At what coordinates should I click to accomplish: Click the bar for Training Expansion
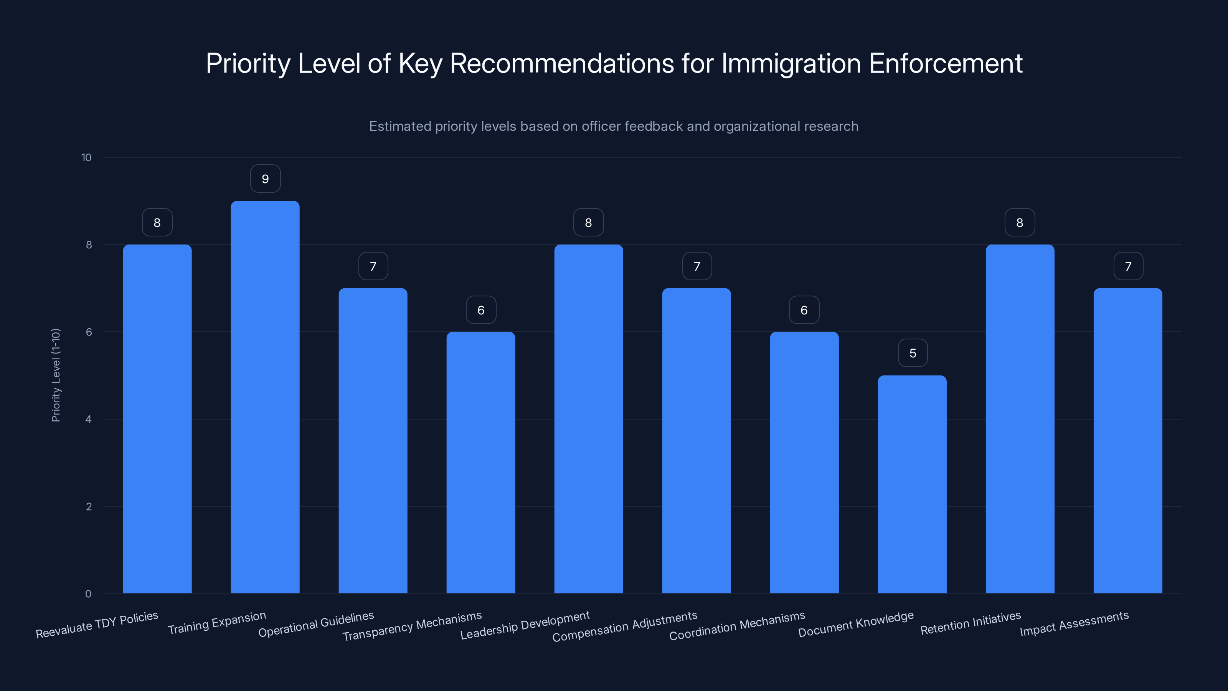click(265, 397)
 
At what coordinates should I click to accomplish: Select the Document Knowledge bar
click(912, 484)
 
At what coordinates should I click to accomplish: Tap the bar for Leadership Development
click(588, 419)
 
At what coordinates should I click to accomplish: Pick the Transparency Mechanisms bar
click(480, 462)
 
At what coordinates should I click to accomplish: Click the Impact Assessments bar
click(1127, 441)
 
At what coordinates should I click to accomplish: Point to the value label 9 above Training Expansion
click(265, 179)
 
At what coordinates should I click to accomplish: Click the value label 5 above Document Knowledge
click(913, 353)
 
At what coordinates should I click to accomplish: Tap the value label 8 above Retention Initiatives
click(1020, 223)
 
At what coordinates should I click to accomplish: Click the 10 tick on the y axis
click(86, 158)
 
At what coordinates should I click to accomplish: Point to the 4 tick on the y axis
click(88, 420)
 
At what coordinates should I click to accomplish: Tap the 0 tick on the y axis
click(88, 594)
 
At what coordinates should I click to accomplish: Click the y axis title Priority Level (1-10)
click(56, 375)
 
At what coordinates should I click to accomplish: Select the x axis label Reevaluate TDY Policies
click(97, 625)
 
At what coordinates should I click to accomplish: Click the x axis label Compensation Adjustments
click(624, 627)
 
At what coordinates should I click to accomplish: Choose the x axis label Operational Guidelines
click(316, 624)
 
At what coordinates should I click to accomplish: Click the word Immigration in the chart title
click(791, 63)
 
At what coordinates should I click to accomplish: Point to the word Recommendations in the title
click(561, 63)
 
